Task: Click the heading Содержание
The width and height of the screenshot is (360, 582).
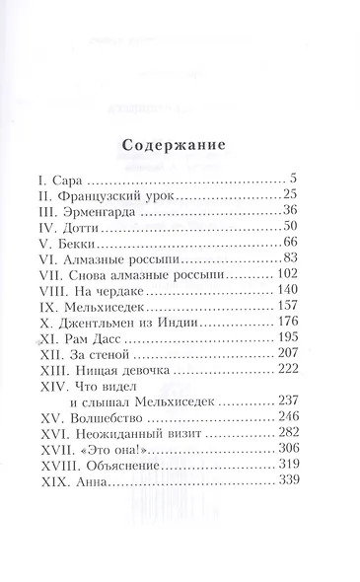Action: (180, 148)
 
